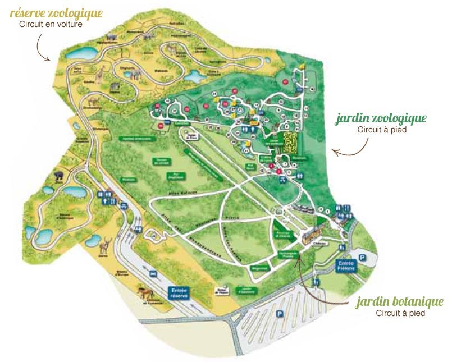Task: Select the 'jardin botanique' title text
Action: tap(399, 302)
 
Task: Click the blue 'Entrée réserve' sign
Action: tap(180, 292)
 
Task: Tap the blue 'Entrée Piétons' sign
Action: tap(346, 265)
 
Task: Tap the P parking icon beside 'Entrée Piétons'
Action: tap(362, 257)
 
